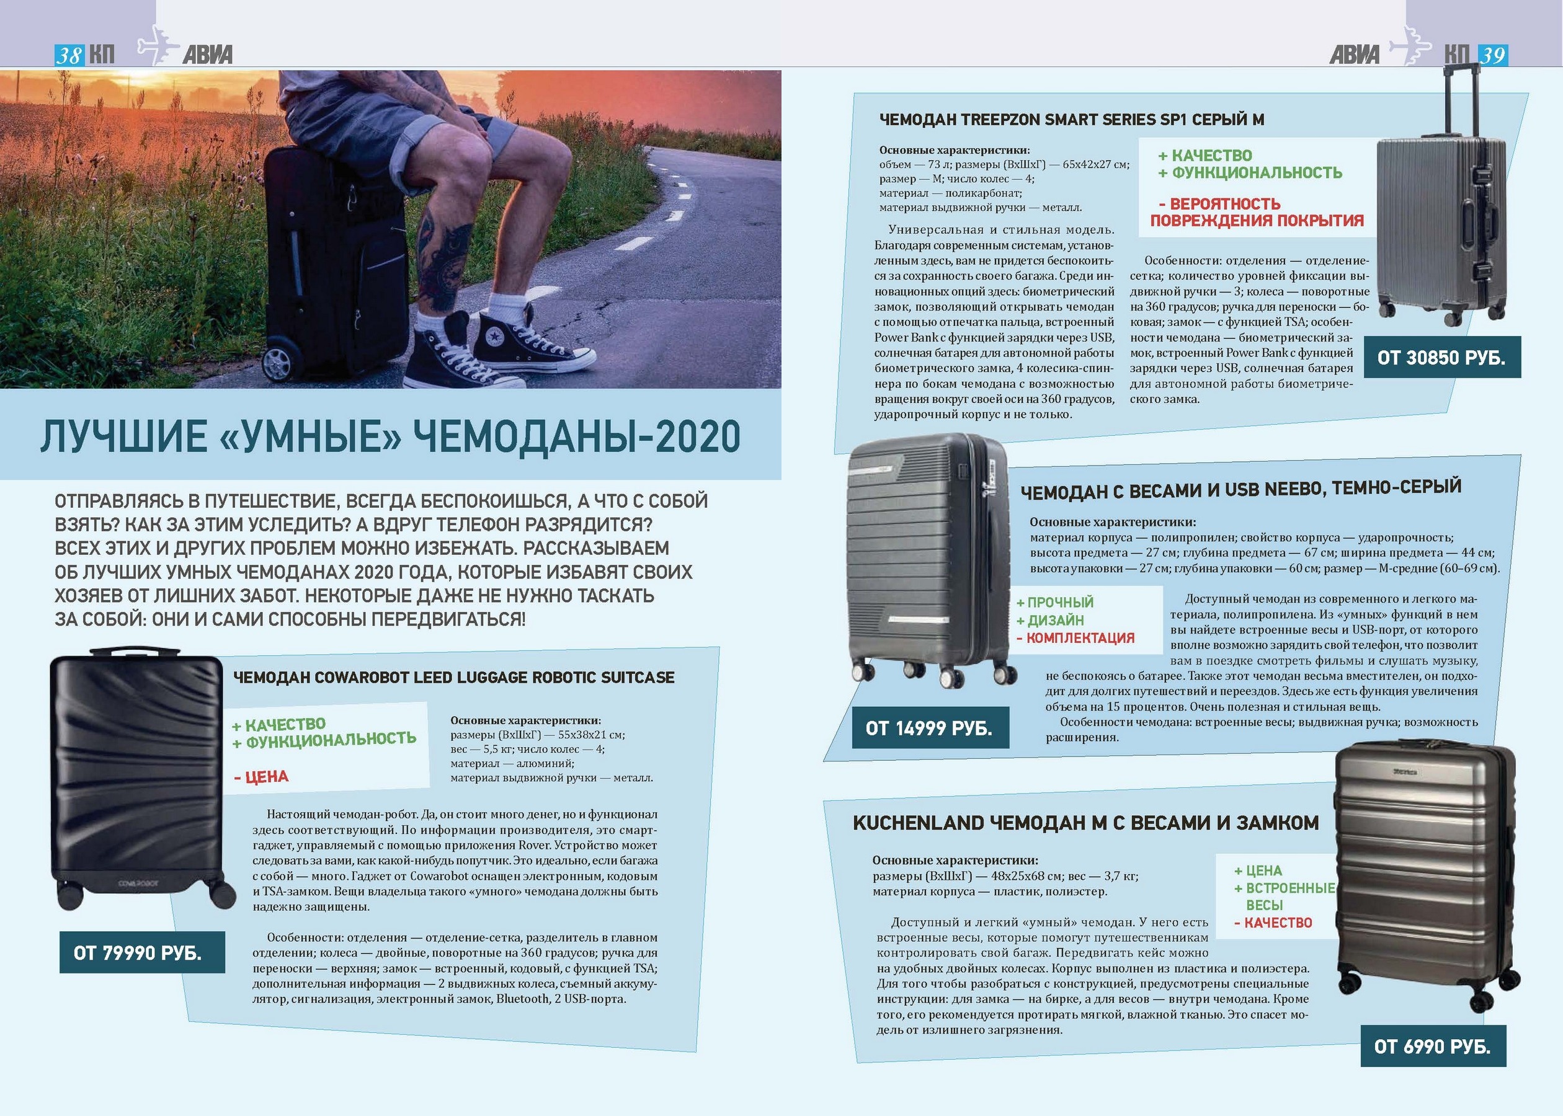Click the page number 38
tap(69, 55)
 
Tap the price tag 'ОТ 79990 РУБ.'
tap(141, 952)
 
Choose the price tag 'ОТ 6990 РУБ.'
tap(1432, 1047)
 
